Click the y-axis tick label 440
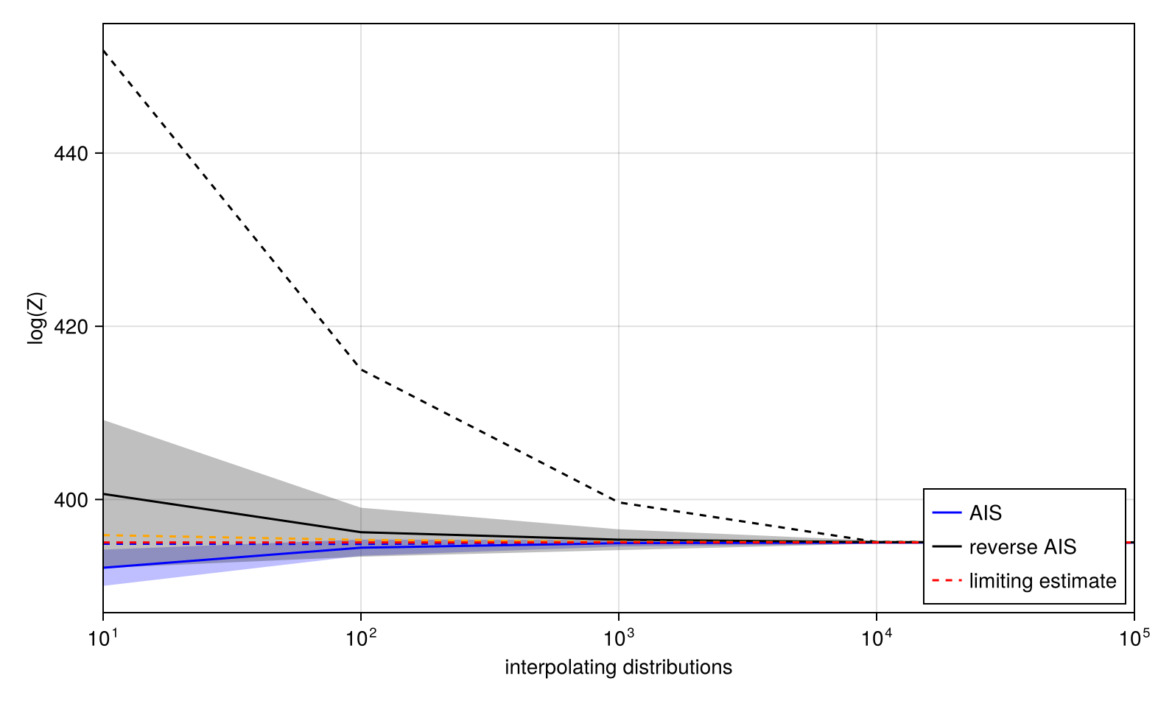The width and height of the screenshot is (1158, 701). click(71, 154)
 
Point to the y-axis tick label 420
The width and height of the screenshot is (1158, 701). click(71, 326)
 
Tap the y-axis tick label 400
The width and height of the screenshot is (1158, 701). click(71, 500)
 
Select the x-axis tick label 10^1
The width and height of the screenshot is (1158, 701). click(103, 637)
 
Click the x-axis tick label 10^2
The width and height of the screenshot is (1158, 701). click(360, 637)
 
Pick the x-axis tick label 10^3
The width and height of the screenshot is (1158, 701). click(618, 637)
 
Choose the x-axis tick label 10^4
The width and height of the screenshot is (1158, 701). click(876, 637)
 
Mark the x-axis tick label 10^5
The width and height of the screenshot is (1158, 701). click(1134, 637)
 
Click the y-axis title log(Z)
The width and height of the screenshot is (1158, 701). click(36, 318)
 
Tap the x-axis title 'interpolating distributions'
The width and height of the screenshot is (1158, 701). click(618, 668)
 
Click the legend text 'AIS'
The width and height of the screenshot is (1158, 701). click(986, 513)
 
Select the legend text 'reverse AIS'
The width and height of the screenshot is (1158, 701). click(1022, 547)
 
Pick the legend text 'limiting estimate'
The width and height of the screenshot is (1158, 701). click(1042, 581)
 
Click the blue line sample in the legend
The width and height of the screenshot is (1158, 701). click(947, 513)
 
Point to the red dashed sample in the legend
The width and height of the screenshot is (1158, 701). click(947, 581)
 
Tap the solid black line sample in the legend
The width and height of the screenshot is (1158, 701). click(947, 547)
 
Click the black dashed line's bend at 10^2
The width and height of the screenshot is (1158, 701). click(360, 369)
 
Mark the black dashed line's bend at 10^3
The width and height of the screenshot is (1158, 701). click(618, 501)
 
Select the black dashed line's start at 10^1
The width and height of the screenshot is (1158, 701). click(104, 50)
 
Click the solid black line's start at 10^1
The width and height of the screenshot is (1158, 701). click(104, 494)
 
